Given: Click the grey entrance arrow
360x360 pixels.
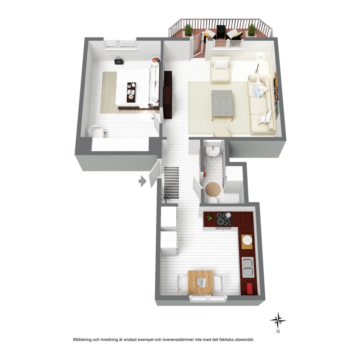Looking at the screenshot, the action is [x=143, y=181].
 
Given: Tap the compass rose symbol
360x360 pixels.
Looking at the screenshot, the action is [x=278, y=320].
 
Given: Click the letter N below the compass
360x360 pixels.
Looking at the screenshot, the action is [x=278, y=331].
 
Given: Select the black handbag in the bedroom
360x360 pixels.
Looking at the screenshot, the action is [x=119, y=61].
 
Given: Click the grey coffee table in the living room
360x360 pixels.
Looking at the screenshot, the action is [x=222, y=104].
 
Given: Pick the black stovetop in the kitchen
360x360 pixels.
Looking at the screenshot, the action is [x=224, y=219].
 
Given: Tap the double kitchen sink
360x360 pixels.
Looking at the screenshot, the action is [x=248, y=267].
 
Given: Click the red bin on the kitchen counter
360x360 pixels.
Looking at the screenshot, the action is [x=250, y=289].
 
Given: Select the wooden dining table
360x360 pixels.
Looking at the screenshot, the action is [x=200, y=282].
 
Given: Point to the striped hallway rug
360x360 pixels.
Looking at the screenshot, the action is [x=172, y=183].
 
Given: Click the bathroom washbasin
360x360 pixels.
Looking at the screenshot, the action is [x=213, y=150].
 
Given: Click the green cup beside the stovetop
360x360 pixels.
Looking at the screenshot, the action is [x=209, y=217].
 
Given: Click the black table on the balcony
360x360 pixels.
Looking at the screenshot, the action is [x=221, y=32].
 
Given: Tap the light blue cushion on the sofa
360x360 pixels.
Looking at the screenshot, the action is [x=257, y=91].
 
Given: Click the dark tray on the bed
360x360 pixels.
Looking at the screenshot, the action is [x=131, y=92].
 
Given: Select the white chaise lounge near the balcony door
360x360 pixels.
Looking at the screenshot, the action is [x=220, y=70].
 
